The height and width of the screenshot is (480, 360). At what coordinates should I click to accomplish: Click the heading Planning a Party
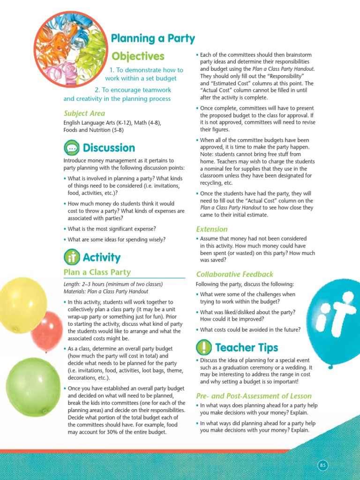point(153,38)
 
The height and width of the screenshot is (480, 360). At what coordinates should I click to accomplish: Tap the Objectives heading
point(138,57)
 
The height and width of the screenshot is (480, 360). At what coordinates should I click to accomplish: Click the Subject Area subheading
point(84,113)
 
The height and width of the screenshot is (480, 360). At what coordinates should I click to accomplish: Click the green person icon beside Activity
point(71,257)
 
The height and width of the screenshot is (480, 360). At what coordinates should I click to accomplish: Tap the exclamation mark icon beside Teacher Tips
point(204,348)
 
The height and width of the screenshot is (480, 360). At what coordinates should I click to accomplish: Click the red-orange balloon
point(47,331)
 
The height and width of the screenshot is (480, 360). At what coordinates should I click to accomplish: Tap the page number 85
point(322,465)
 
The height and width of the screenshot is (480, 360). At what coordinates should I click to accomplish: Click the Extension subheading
point(212,229)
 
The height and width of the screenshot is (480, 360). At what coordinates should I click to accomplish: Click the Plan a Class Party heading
point(97,272)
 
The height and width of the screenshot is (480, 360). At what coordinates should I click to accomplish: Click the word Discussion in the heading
point(109,148)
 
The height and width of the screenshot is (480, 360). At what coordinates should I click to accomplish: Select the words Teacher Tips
point(247,348)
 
